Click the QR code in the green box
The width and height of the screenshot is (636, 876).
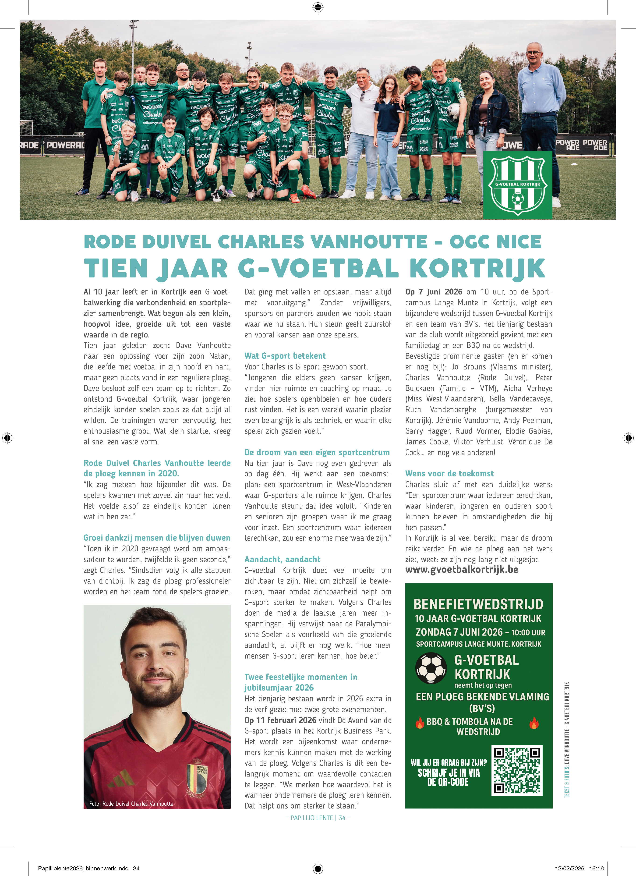pyautogui.click(x=517, y=770)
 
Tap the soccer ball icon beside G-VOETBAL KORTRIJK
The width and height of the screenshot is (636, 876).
pyautogui.click(x=431, y=668)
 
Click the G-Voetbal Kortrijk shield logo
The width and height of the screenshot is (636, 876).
pyautogui.click(x=517, y=185)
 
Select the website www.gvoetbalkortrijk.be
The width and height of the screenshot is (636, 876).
pyautogui.click(x=461, y=570)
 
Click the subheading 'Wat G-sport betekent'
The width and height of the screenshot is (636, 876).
pyautogui.click(x=285, y=356)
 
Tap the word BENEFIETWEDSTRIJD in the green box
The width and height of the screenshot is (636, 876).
pyautogui.click(x=478, y=604)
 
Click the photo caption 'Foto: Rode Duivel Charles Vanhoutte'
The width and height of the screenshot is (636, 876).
pyautogui.click(x=131, y=804)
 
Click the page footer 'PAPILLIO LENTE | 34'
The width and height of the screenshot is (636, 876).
pyautogui.click(x=318, y=818)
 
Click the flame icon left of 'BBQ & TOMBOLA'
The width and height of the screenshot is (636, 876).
pyautogui.click(x=420, y=722)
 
